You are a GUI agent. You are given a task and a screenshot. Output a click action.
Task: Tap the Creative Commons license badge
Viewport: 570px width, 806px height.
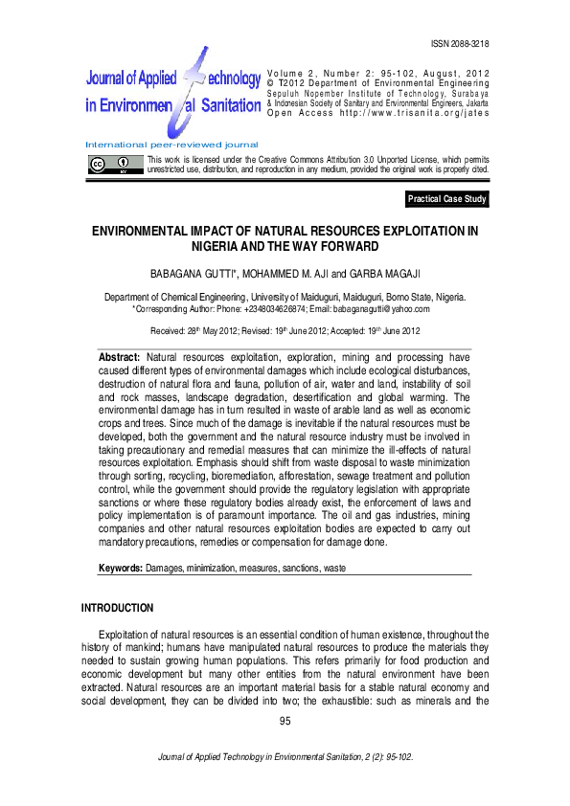[x=112, y=164]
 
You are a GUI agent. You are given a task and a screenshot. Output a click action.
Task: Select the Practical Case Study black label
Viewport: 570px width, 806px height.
[x=447, y=199]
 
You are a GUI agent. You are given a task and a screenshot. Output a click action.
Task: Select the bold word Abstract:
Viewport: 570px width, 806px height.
[x=120, y=356]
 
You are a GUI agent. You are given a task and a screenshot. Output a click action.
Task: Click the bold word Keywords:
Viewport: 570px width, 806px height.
[x=121, y=569]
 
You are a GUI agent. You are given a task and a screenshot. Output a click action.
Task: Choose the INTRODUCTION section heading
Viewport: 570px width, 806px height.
[x=117, y=608]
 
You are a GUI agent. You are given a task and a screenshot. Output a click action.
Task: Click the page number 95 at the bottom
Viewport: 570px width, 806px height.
[x=285, y=721]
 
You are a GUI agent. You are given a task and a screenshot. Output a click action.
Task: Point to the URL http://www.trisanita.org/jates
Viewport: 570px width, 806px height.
[x=435, y=112]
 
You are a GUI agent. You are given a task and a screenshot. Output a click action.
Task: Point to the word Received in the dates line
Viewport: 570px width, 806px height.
[x=169, y=330]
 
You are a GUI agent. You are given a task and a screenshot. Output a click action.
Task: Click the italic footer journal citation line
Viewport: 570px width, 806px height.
[x=285, y=757]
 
